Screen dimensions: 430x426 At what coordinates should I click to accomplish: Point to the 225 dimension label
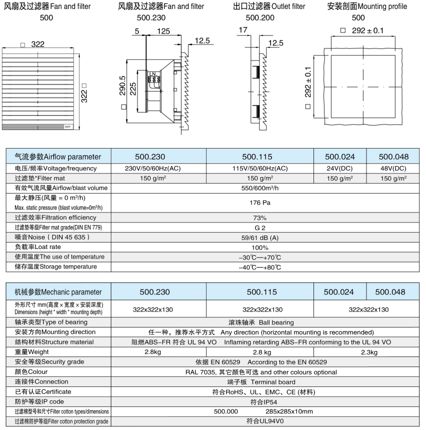coord(132,90)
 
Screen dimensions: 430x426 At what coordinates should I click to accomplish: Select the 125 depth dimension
coord(162,31)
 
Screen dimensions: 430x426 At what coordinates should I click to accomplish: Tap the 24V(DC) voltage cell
coord(339,168)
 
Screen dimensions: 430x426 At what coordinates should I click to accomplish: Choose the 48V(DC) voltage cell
coord(393,168)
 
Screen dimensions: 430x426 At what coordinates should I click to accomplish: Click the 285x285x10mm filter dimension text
coord(289,411)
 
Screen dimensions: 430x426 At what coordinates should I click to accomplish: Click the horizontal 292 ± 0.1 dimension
coord(367,30)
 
